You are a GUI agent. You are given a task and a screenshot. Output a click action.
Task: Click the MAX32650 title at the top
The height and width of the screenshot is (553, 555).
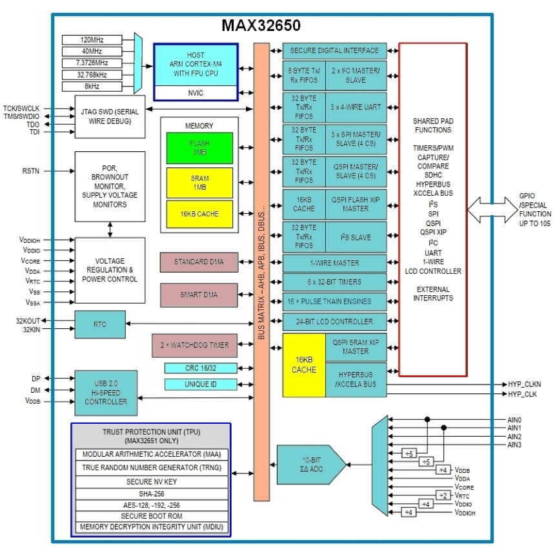261,25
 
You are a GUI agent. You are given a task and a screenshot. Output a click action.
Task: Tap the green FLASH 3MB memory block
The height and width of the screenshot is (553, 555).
198,147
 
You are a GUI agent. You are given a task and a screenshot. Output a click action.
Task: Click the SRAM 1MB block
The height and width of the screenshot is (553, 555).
198,182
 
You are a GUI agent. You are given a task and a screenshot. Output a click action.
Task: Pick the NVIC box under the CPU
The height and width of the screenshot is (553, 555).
196,93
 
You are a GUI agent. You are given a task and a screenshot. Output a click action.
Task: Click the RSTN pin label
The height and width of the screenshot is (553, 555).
31,172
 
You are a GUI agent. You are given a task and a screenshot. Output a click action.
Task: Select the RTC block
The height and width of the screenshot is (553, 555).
99,324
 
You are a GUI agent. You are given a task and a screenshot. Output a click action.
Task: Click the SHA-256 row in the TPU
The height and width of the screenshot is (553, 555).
150,493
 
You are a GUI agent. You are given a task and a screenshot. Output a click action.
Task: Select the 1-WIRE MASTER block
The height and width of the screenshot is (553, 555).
334,263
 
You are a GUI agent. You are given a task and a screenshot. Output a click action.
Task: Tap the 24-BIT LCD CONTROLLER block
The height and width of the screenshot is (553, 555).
334,321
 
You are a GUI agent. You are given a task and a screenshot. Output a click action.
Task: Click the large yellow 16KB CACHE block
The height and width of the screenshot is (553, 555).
304,365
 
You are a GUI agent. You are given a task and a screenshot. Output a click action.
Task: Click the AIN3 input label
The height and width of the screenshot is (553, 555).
514,445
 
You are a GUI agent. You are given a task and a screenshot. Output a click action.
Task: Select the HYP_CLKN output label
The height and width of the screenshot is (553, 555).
523,384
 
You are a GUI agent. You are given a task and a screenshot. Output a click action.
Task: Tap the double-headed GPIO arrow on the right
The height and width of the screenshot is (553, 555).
491,209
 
